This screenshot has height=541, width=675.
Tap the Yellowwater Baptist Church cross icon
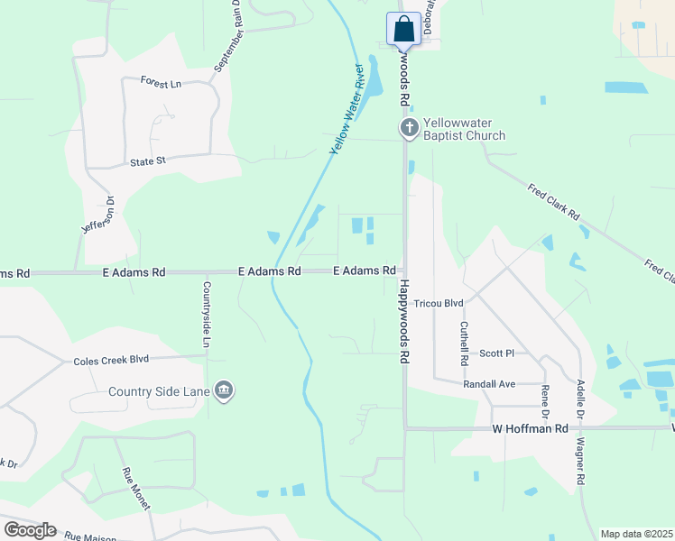[409, 129]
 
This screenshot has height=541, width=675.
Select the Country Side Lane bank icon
[225, 390]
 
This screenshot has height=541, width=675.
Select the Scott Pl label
[496, 353]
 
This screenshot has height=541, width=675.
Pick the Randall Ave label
[488, 384]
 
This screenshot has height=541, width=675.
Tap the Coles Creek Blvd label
[111, 361]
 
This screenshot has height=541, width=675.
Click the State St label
[148, 162]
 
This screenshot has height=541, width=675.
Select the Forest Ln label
[162, 82]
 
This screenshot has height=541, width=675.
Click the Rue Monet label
[135, 490]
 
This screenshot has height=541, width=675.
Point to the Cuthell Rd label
[465, 344]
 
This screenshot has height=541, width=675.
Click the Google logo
[30, 530]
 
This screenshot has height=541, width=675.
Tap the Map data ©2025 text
[636, 534]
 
